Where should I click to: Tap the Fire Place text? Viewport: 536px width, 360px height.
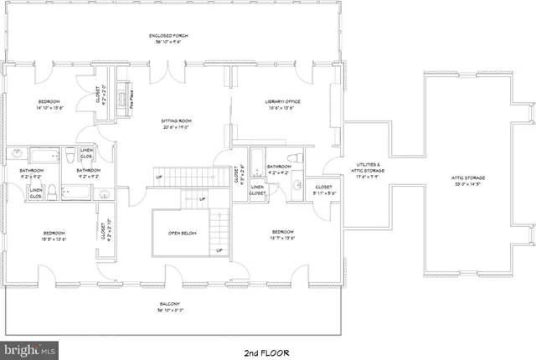click(132, 100)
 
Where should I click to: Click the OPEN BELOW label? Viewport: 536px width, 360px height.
click(182, 233)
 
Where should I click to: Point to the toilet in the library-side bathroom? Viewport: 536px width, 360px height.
click(294, 158)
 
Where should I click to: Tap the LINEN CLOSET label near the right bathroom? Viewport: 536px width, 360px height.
click(258, 190)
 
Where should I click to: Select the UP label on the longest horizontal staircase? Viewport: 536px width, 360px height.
click(158, 177)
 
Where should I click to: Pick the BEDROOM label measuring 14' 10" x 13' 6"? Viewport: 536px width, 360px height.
click(48, 102)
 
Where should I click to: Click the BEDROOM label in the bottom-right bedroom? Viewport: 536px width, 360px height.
click(282, 232)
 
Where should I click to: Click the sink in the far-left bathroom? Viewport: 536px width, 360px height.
click(17, 153)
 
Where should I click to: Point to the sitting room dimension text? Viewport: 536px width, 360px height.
click(176, 127)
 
